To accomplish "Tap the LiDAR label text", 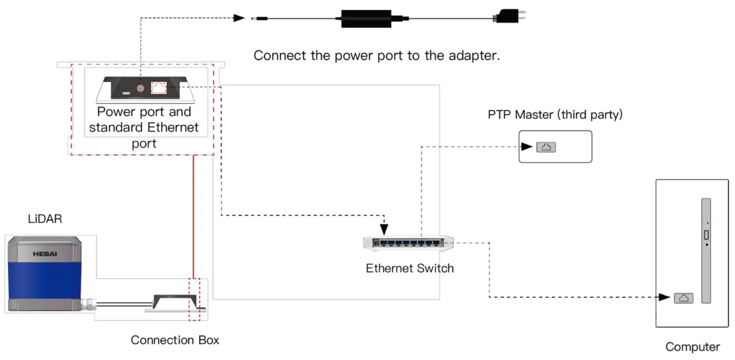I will point(45,218).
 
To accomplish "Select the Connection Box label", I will point(175,340).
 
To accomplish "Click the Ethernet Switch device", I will point(408,242).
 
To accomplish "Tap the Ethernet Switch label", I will point(410,268).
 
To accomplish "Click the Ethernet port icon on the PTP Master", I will point(546,147).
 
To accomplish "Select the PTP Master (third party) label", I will point(555,114).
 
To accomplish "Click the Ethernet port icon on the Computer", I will point(683,298).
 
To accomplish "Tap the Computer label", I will point(692,347).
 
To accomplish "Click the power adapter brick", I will point(367,18).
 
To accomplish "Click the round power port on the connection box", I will point(140,88).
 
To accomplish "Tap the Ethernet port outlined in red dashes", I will point(158,88).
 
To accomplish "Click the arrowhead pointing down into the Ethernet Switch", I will point(384,229).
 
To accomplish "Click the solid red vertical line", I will point(194,216).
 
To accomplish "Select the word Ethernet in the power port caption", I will point(173,127).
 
